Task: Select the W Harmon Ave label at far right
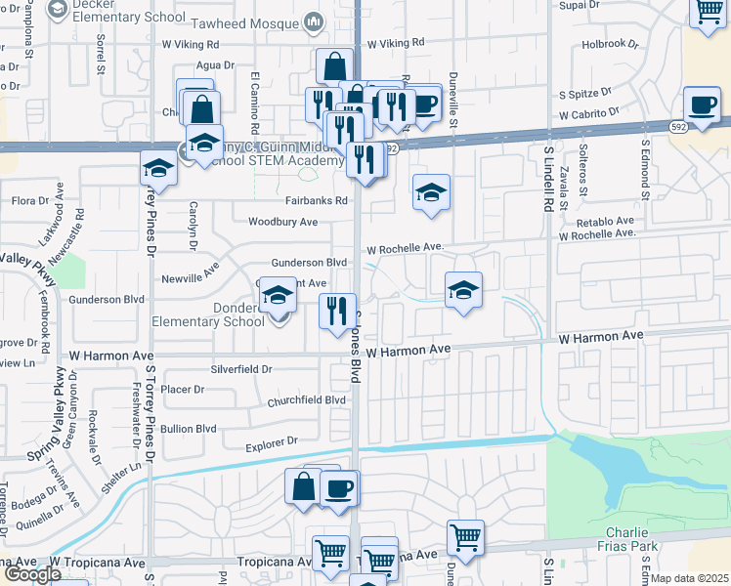tap(600, 337)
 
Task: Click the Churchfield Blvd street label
tap(308, 400)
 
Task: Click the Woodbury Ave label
tap(282, 222)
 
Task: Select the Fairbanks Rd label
tap(316, 201)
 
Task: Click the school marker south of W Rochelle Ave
tap(464, 290)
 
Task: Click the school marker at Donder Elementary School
tap(279, 299)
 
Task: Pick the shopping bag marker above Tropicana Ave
tap(303, 486)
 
